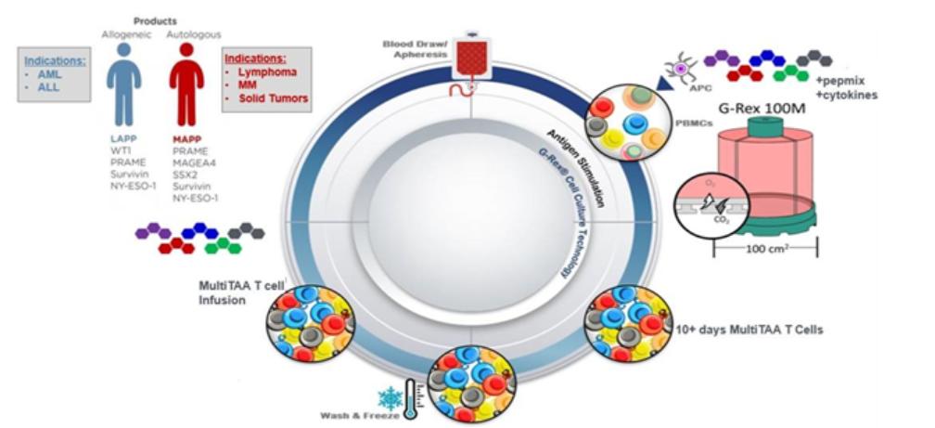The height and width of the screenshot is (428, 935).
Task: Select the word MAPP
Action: point(187,136)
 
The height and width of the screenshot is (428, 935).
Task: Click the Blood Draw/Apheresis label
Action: point(415,47)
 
